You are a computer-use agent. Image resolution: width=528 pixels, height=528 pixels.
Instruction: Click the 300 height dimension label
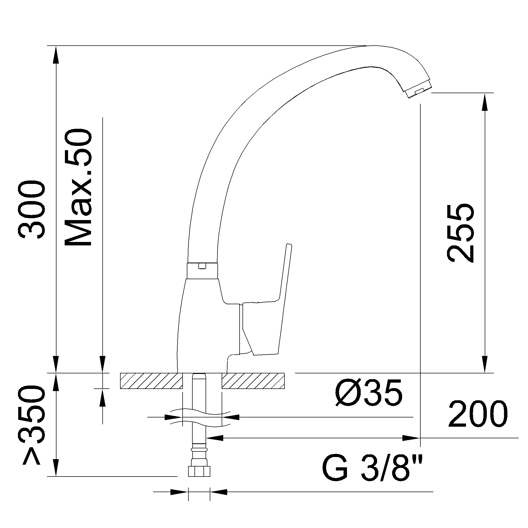click(31, 210)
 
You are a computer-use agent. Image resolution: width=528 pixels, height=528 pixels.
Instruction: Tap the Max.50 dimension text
click(78, 187)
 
